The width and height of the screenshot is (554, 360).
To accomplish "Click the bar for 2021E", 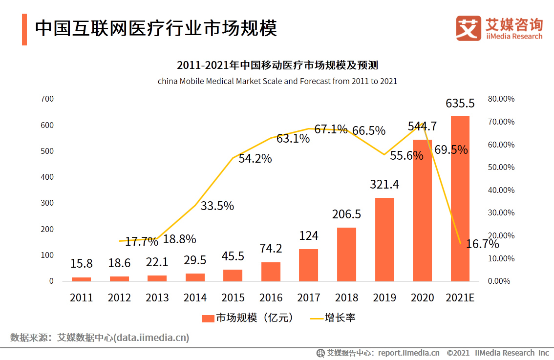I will point(460,199).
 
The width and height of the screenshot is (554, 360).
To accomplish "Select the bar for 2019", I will point(384,239).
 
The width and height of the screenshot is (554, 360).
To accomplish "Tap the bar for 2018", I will point(346,254).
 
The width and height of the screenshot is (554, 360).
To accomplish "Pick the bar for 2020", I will point(422,211).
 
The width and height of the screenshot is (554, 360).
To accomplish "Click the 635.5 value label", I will point(460,104).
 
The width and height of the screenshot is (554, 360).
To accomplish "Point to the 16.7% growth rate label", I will point(482,244).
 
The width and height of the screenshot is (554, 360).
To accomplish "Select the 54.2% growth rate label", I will point(255,158).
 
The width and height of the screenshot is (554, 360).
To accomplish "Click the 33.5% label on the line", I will point(217,206).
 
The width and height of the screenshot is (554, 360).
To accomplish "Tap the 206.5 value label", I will point(346,214).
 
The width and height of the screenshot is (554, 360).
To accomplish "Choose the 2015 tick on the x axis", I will point(233,297).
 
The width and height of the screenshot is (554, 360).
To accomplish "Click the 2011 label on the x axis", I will point(81,297).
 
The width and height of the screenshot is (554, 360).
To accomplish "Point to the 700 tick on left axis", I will point(48,99).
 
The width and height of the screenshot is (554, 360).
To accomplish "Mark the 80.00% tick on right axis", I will point(501,99).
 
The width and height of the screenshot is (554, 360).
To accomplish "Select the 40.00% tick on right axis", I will point(501,190).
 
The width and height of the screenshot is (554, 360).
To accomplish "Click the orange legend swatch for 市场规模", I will point(208,318).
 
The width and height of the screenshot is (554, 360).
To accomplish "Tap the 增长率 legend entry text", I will point(340,318).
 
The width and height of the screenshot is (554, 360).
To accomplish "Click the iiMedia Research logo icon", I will point(469,28).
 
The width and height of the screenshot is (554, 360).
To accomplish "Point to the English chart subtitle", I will point(277,81).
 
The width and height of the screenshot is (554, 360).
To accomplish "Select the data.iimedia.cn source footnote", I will point(100,338).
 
